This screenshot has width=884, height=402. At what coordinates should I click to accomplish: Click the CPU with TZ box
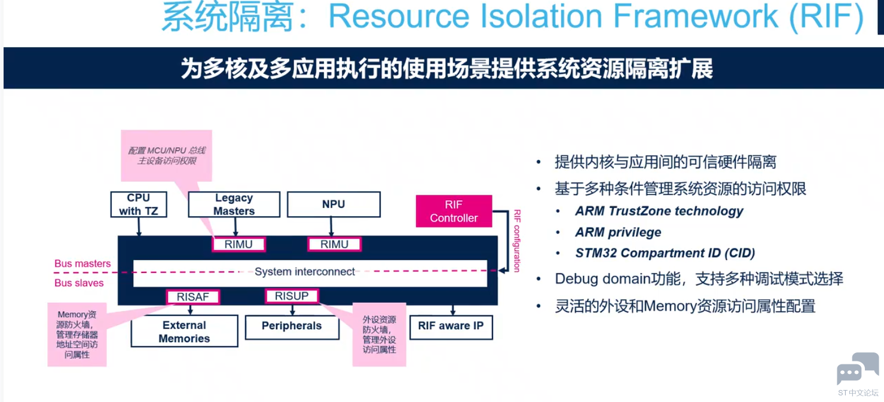coord(139,204)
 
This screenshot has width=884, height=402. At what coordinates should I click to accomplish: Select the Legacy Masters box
coord(234,204)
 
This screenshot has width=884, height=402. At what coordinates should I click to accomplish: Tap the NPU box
coord(334,204)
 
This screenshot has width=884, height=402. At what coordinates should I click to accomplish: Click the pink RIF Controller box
coord(454,211)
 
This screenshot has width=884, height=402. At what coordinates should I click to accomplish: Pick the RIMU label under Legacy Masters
coord(238,244)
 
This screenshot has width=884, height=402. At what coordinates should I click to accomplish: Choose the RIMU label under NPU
coord(334,244)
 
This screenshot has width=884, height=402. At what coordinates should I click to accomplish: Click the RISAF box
coord(192,297)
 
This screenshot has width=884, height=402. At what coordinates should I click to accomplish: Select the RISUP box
coord(292,296)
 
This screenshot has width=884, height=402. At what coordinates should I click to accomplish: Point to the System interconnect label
coord(304,271)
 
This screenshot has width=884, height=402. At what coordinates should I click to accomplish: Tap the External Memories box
coord(184,332)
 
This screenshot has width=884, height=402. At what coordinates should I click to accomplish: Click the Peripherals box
coord(292,327)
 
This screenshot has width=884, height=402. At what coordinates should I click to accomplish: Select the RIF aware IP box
coord(451,327)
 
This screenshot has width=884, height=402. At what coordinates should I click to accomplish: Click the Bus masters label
coord(82,263)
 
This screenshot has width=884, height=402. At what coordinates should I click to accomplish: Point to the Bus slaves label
coord(79,283)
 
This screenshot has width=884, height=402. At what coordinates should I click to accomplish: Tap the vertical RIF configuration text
coord(517,241)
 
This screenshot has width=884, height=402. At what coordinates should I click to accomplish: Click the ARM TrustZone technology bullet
coord(659,211)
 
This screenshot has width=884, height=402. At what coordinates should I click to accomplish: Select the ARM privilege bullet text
coord(618,232)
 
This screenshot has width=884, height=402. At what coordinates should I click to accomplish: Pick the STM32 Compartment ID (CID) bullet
coord(665,253)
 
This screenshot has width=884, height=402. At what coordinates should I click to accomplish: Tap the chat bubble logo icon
coord(857,368)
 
